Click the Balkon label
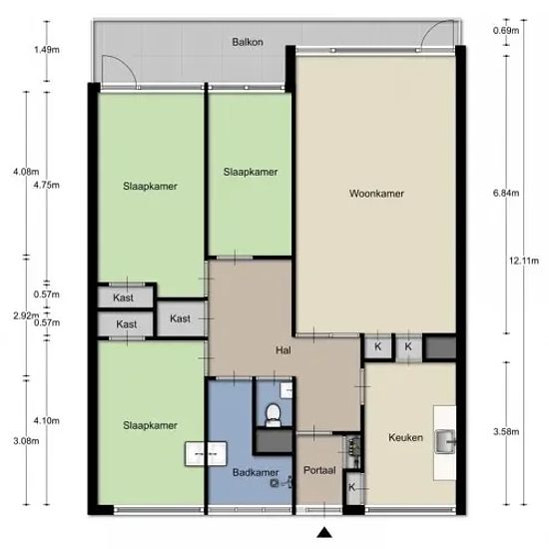[x=248, y=42]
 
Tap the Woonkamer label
[x=376, y=194]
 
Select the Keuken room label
[x=406, y=437]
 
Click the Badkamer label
[x=256, y=472]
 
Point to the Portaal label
[x=319, y=470]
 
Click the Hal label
[x=282, y=350]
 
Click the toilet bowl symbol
[x=274, y=414]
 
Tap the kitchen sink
[x=445, y=441]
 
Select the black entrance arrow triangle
[x=324, y=533]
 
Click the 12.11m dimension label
[x=524, y=261]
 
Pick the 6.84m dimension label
[x=506, y=193]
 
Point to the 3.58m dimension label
[x=506, y=431]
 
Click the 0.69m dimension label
[x=506, y=31]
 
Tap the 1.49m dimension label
[x=47, y=49]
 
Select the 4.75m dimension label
[x=47, y=185]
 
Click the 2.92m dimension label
[x=26, y=315]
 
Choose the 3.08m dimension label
[x=26, y=441]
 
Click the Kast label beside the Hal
[x=180, y=318]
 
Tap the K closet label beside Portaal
[x=352, y=487]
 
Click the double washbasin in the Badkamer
[x=206, y=454]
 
